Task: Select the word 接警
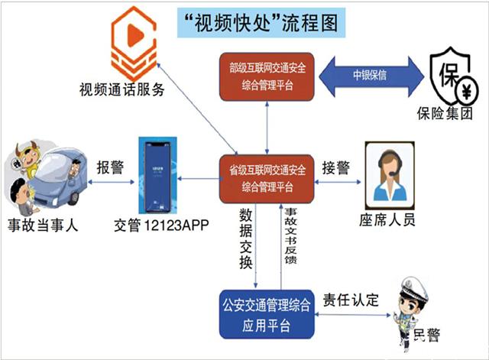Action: [336, 167]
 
